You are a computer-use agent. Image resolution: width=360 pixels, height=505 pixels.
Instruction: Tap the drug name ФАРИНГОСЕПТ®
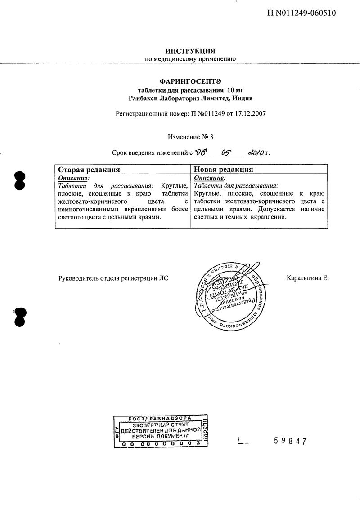tap(190, 81)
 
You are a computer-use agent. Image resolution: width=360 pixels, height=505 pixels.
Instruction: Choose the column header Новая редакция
tap(223, 170)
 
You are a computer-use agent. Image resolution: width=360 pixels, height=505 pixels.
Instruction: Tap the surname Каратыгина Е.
tap(308, 278)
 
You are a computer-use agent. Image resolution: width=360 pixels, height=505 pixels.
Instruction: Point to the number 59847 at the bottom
tap(290, 441)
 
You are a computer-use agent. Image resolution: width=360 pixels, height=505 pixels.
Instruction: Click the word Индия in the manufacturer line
tap(243, 98)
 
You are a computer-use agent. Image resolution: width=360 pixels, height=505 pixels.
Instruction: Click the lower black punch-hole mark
tap(20, 317)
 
